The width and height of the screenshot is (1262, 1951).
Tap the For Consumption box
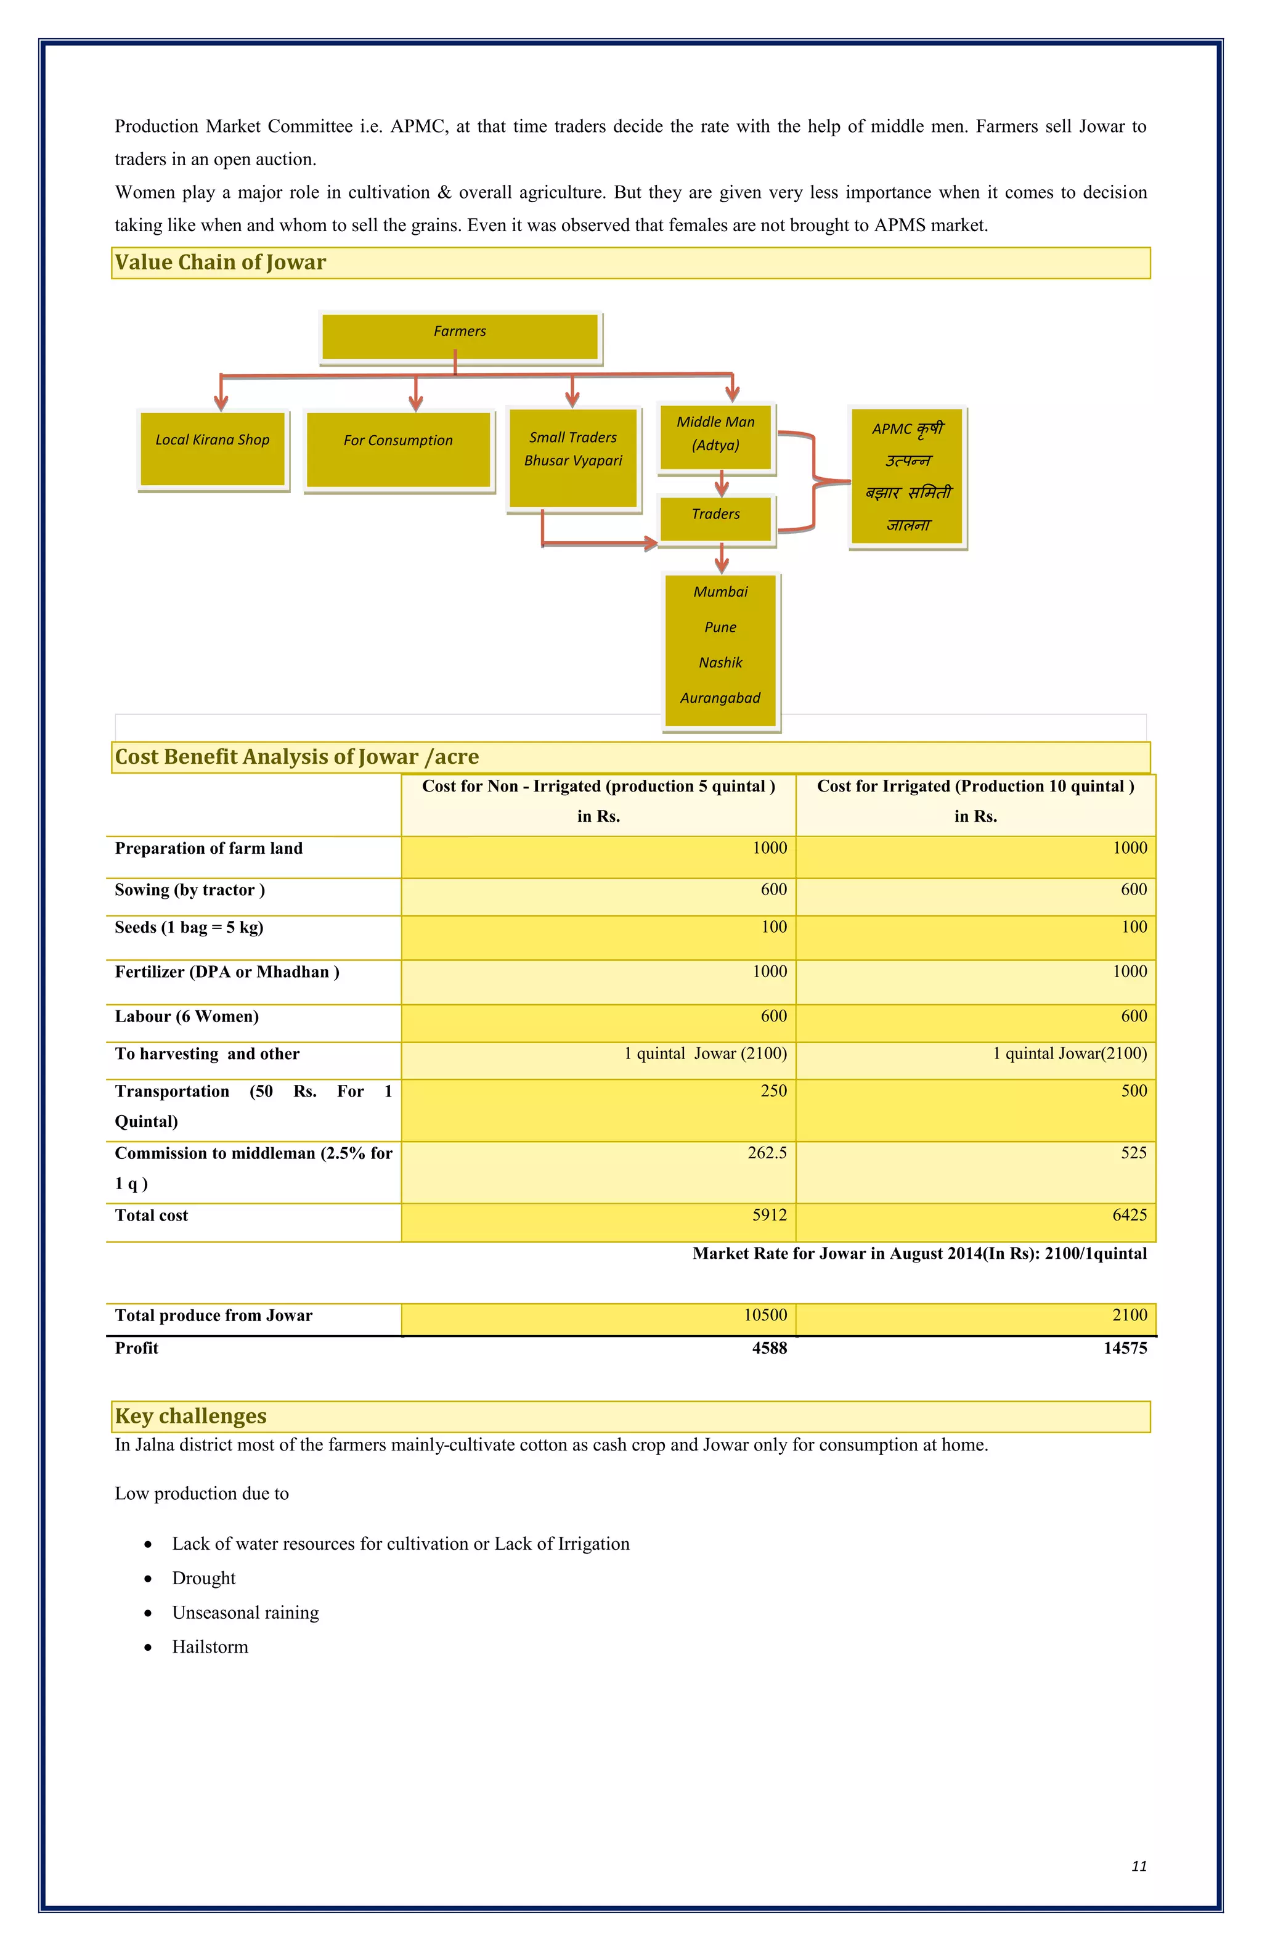[x=398, y=449]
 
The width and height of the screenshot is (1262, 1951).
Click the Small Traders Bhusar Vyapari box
[x=573, y=457]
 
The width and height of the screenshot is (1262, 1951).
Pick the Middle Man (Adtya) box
[x=715, y=437]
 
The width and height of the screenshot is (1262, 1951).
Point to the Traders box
[x=715, y=518]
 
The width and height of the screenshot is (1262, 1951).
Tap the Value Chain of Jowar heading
[x=221, y=263]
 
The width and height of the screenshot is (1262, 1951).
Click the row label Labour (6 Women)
[x=187, y=1016]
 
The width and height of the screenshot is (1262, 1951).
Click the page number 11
[x=1138, y=1866]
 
